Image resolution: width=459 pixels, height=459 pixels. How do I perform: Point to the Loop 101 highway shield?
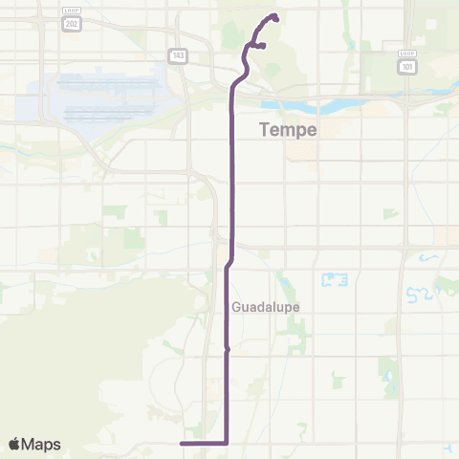click(408, 63)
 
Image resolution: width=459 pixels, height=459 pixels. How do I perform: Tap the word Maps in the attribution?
click(43, 444)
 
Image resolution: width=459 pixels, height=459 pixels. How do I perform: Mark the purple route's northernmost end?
click(275, 16)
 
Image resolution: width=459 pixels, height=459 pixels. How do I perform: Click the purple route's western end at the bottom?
click(182, 444)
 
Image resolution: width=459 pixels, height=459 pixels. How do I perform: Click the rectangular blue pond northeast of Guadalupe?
click(334, 280)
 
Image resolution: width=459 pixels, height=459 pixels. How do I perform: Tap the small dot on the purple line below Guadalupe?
click(227, 351)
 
